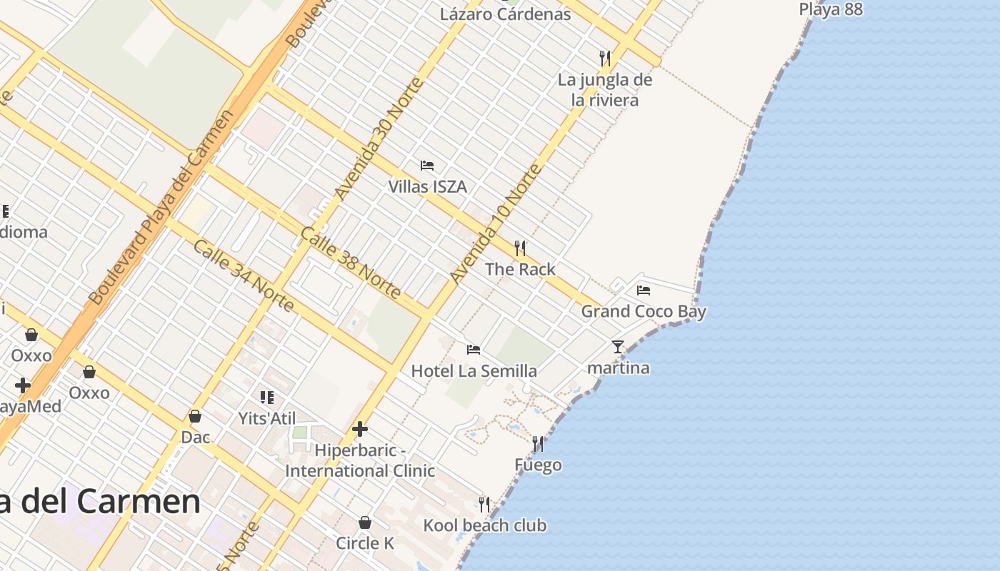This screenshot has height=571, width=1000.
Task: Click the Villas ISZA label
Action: pyautogui.click(x=427, y=187)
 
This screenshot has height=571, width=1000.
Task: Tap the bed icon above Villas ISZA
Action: pyautogui.click(x=427, y=166)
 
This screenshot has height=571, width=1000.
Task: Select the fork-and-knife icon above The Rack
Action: pyautogui.click(x=520, y=248)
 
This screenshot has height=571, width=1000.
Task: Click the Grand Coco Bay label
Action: pyautogui.click(x=643, y=311)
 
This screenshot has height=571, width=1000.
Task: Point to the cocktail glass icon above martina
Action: pyautogui.click(x=618, y=347)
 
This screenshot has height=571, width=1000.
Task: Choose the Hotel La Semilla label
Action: pyautogui.click(x=474, y=371)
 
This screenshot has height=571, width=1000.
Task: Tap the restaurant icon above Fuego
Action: pyautogui.click(x=538, y=444)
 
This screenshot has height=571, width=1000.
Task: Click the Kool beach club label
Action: pyautogui.click(x=484, y=526)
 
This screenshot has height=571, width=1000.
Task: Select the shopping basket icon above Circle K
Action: pyautogui.click(x=365, y=522)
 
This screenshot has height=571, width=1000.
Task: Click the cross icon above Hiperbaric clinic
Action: pyautogui.click(x=360, y=429)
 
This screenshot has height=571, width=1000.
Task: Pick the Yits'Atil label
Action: pyautogui.click(x=267, y=418)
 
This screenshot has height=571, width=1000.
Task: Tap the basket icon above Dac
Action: pyautogui.click(x=195, y=416)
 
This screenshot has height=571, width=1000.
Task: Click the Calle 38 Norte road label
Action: pyautogui.click(x=351, y=263)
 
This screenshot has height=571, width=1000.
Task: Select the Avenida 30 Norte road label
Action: pyautogui.click(x=379, y=138)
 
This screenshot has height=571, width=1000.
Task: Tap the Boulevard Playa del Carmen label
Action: pyautogui.click(x=162, y=207)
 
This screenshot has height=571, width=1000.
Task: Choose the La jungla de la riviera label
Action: pyautogui.click(x=605, y=90)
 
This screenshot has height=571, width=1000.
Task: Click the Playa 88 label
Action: pyautogui.click(x=831, y=9)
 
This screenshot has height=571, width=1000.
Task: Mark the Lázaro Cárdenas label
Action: pyautogui.click(x=505, y=14)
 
